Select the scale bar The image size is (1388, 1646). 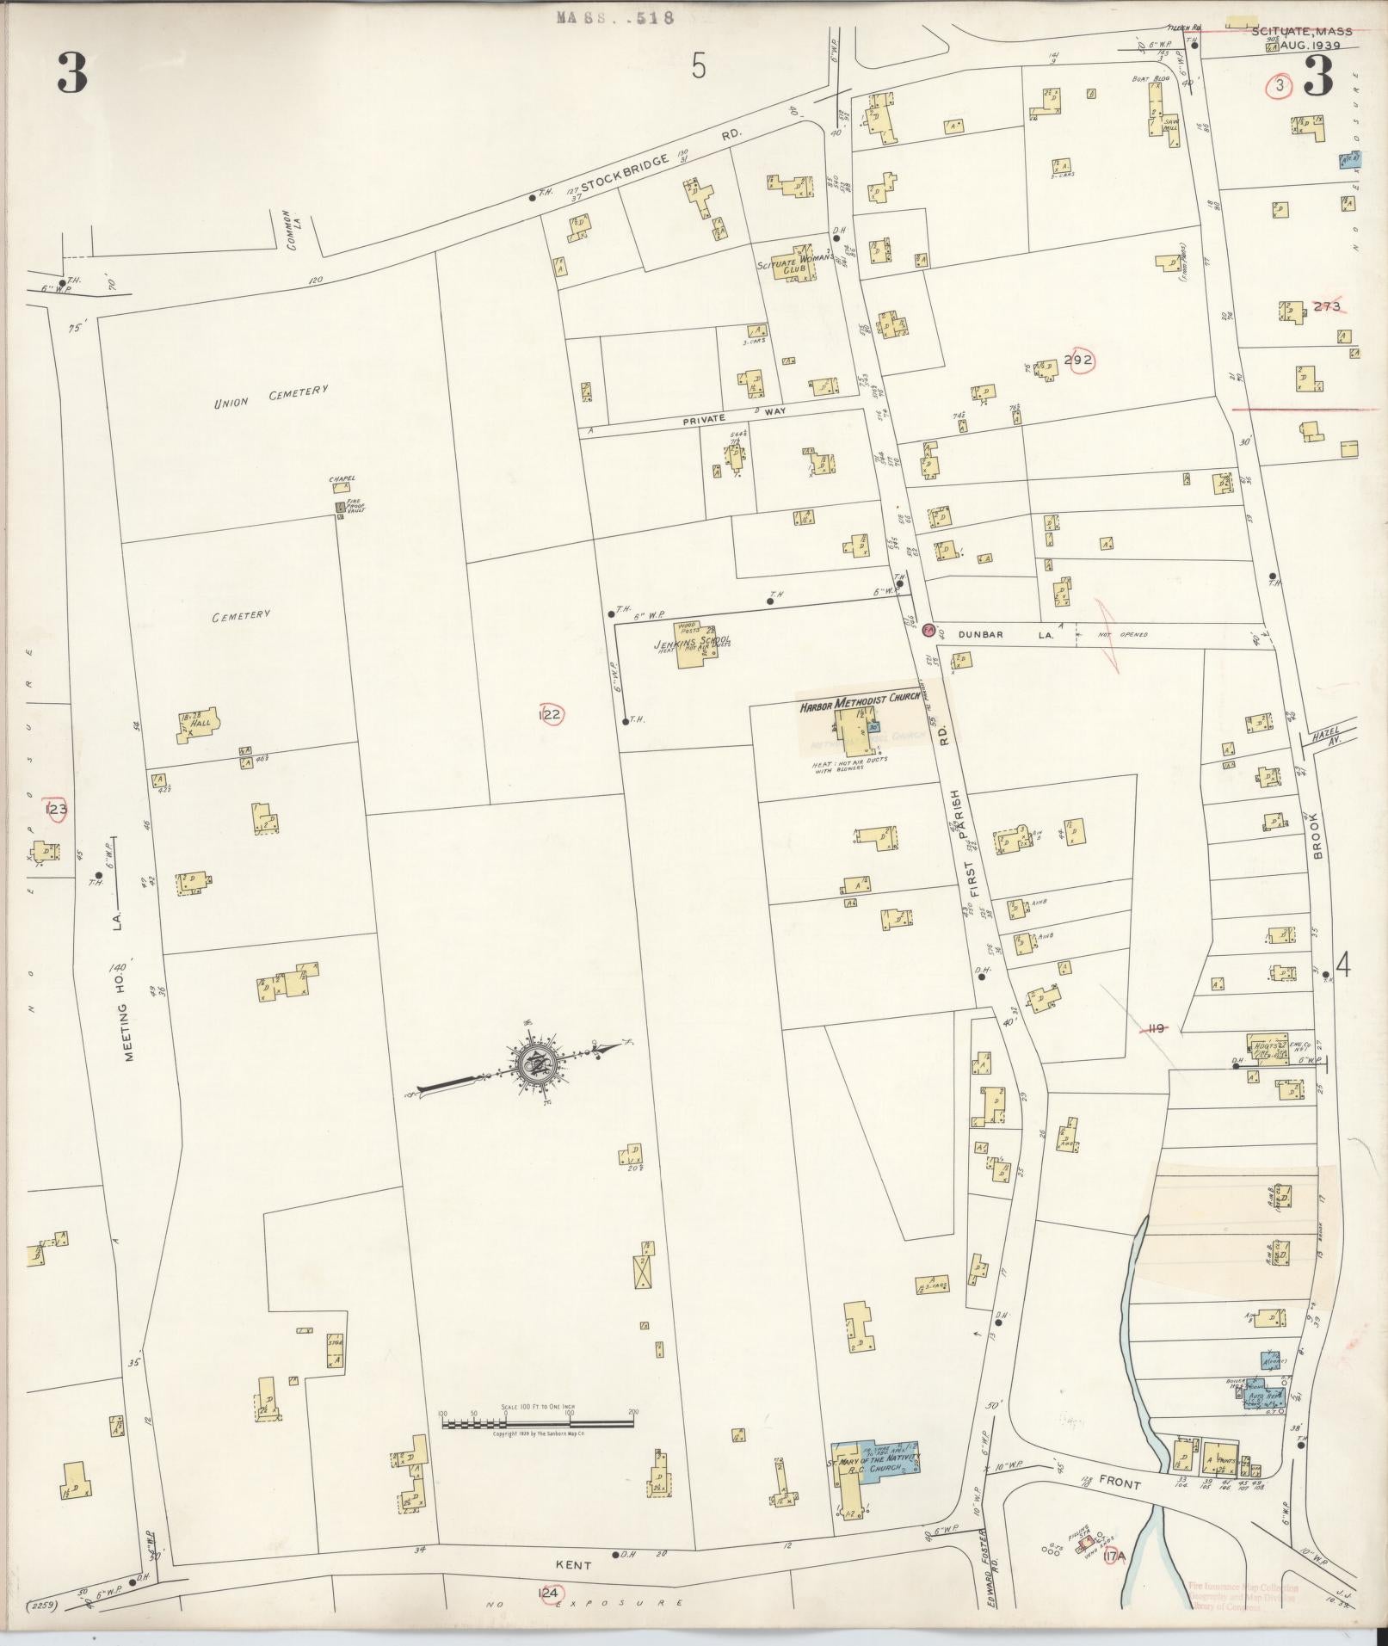[538, 1423]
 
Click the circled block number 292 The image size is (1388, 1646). [1077, 361]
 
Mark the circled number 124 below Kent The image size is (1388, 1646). [549, 1594]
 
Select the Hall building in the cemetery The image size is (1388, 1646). [198, 724]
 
